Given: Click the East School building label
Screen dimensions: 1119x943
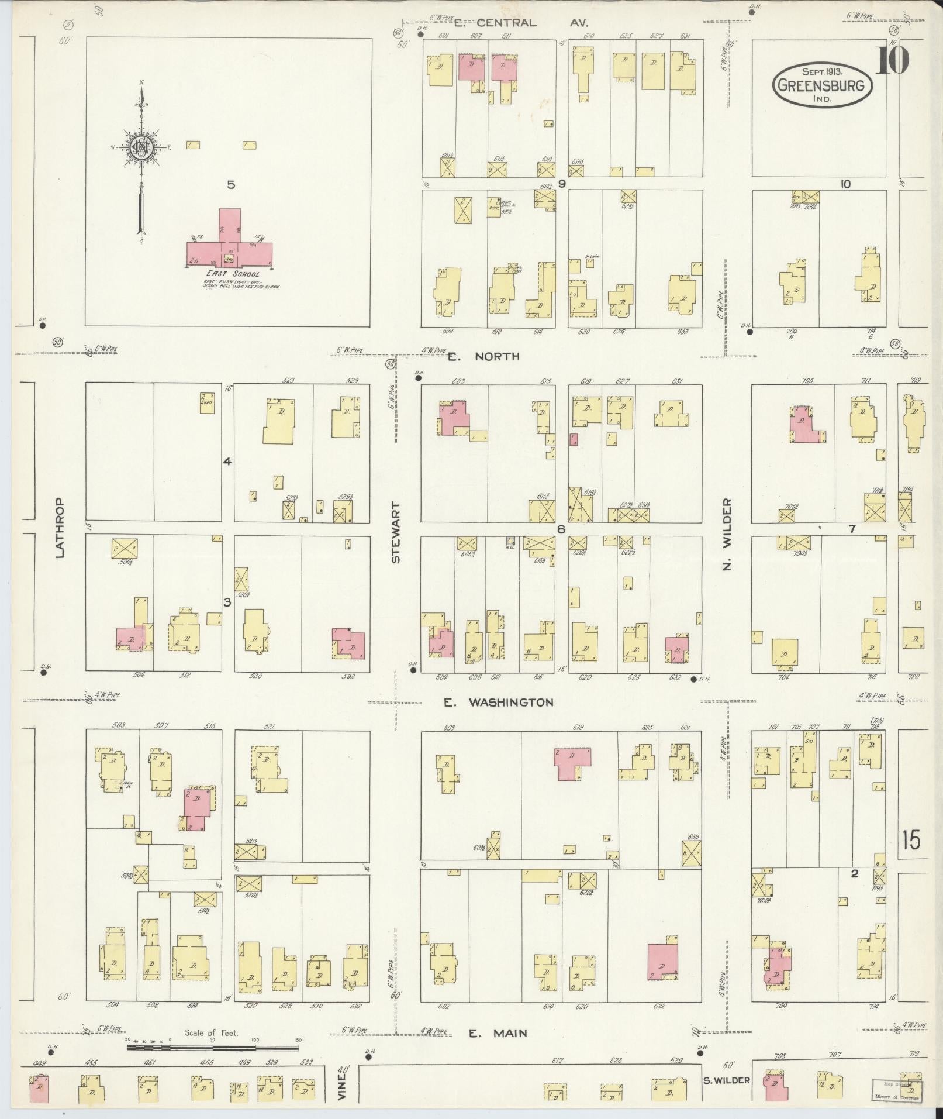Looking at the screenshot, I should [232, 274].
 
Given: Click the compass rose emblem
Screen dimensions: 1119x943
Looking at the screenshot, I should [141, 147].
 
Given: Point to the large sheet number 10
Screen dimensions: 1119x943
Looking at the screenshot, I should [892, 60].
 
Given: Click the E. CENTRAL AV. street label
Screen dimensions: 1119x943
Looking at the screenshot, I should [521, 23].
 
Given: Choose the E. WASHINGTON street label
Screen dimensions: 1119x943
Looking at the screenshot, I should [498, 703].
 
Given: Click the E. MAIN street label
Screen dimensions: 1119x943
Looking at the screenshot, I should [498, 1034].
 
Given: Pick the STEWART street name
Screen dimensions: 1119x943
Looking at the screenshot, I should [396, 532].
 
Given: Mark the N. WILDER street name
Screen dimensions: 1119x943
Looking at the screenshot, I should [727, 534].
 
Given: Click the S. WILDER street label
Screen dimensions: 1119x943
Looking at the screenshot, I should [726, 1080].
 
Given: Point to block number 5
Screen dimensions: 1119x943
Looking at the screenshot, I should [231, 185].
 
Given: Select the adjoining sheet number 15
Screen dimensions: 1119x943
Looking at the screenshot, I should [910, 841].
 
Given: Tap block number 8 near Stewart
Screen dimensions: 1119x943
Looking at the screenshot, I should [561, 530].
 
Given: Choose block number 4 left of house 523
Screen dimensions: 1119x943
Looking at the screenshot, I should [227, 462].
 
